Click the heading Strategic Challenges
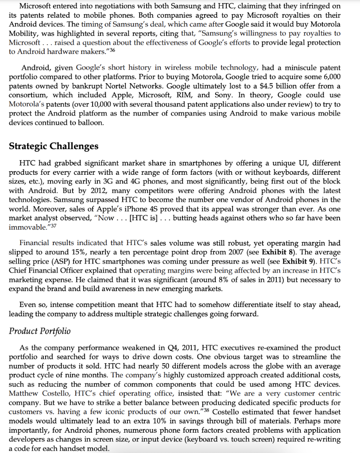pos(54,146)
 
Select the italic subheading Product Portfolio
pos(40,331)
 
